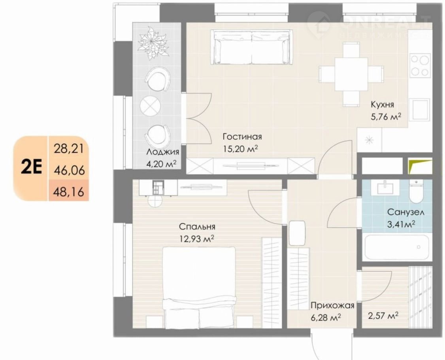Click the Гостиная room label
pos(242,136)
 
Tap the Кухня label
pos(382,104)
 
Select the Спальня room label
pos(197,227)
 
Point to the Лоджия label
pos(162,152)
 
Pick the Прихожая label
pos(332,306)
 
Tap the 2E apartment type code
pos(32,168)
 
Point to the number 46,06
pos(69,170)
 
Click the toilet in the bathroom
pos(416,192)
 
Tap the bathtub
pos(396,246)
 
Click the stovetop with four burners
pos(420,65)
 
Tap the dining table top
pos(351,74)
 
